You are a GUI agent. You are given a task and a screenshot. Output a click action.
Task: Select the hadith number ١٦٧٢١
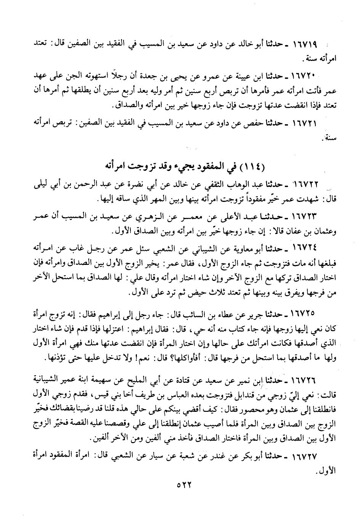click(304, 124)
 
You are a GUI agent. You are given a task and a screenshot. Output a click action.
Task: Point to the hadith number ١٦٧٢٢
click(304, 185)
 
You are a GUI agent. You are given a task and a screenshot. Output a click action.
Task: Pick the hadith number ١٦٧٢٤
click(304, 248)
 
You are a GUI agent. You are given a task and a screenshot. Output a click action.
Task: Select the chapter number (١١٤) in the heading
click(252, 167)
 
